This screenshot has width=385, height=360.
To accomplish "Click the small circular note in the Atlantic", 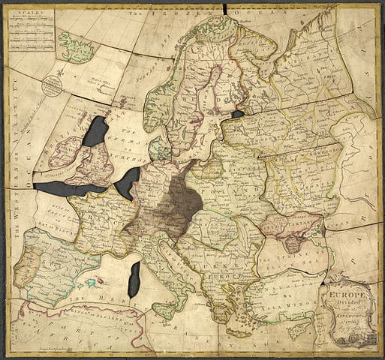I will click(x=52, y=84).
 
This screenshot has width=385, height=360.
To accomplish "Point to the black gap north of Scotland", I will click(x=95, y=132).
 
